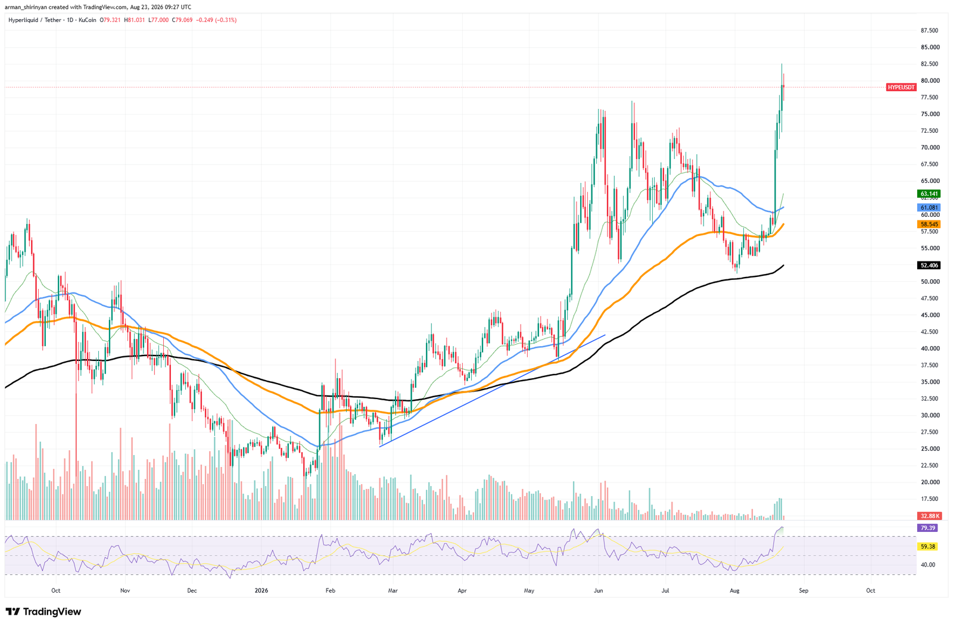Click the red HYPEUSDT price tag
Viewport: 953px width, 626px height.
pyautogui.click(x=901, y=87)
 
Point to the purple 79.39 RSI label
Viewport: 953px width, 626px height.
pyautogui.click(x=927, y=528)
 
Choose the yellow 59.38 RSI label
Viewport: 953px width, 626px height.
pyautogui.click(x=927, y=547)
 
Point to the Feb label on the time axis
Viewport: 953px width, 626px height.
pyautogui.click(x=330, y=591)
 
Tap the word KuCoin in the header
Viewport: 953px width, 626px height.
pyautogui.click(x=88, y=20)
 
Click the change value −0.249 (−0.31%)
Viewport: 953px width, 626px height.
pyautogui.click(x=217, y=20)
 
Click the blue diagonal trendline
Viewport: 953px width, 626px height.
pyautogui.click(x=492, y=390)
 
